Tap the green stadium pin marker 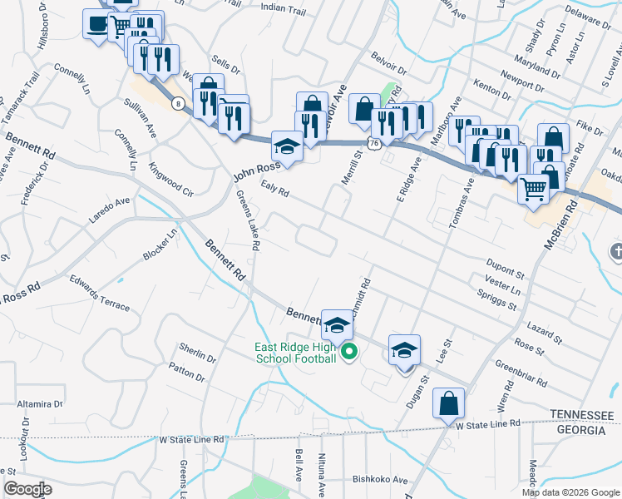coord(349,353)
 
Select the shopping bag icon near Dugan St coord(449,404)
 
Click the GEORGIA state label coord(582,430)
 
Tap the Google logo coord(27,489)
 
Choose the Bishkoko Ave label coord(380,480)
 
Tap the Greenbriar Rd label coord(521,373)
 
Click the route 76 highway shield coord(376,143)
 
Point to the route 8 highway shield coord(179,103)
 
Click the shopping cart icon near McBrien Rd coord(534,189)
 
